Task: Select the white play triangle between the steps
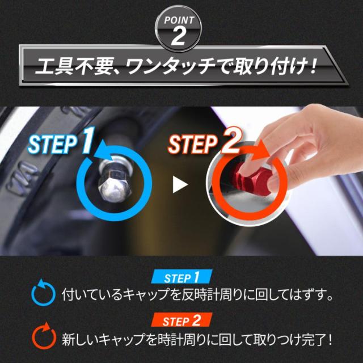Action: click(x=180, y=184)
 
